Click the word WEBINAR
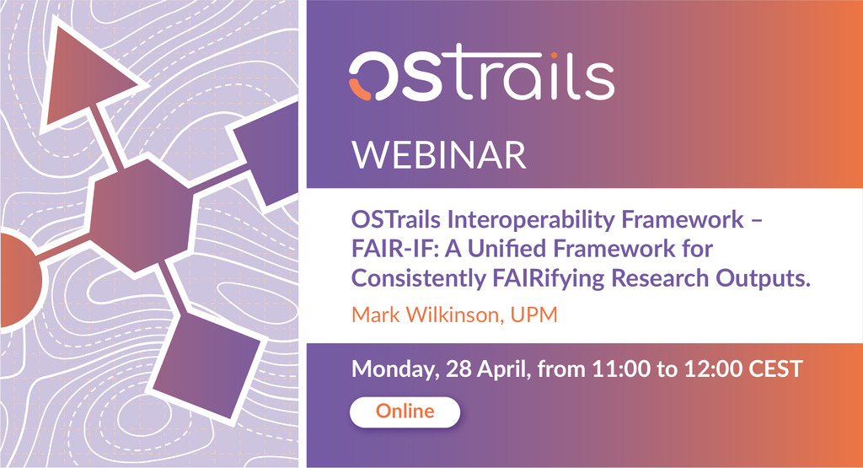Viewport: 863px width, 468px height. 439,155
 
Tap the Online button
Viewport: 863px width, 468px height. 405,412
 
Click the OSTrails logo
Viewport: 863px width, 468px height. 481,76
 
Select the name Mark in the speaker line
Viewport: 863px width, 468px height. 376,315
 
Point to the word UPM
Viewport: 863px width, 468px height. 533,315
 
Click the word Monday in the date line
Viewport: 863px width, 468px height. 395,368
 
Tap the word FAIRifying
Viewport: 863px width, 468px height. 549,278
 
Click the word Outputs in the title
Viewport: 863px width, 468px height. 763,278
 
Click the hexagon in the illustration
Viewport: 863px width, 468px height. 141,215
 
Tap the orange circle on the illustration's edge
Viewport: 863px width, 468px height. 19,280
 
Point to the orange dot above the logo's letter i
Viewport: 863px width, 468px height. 555,55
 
